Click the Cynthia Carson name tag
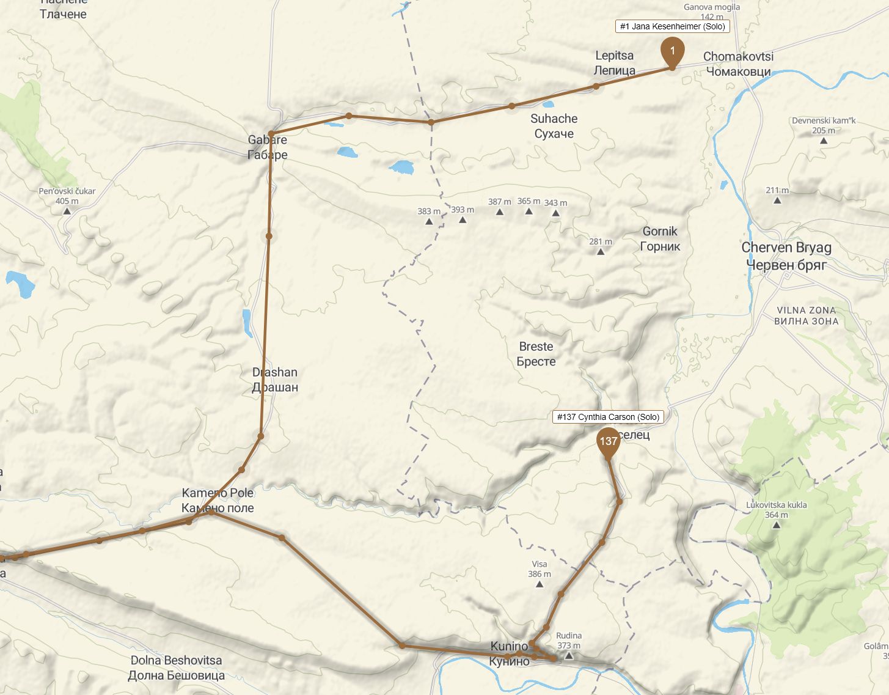(x=608, y=417)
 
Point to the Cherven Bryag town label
(x=786, y=256)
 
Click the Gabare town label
(x=268, y=147)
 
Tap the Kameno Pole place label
(x=218, y=501)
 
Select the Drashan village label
(x=275, y=380)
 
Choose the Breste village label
(x=536, y=354)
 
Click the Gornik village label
(x=660, y=239)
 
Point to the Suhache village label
(x=554, y=126)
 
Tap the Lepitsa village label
(x=615, y=63)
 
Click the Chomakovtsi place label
(x=738, y=64)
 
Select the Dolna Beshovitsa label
(x=176, y=667)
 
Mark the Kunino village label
(x=509, y=653)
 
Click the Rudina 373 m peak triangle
(x=569, y=656)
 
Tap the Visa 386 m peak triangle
(x=540, y=584)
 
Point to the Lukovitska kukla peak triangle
(x=776, y=524)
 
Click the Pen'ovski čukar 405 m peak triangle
(x=67, y=211)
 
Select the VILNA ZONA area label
(x=806, y=315)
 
